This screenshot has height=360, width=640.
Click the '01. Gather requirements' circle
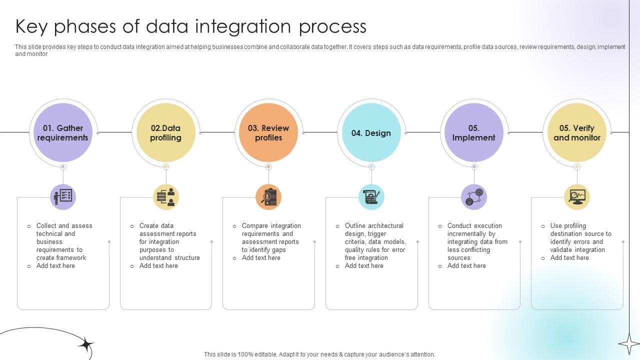(62, 133)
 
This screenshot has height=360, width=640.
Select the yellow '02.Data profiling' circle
(165, 133)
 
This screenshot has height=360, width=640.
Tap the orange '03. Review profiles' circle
(268, 133)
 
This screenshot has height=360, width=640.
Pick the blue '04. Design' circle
(371, 133)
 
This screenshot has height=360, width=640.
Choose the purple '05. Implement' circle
(474, 133)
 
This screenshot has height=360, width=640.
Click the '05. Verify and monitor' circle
(576, 133)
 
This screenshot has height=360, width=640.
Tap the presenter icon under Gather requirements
(63, 197)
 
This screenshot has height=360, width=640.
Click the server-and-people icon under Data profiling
(166, 197)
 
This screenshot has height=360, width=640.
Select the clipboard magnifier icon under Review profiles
(268, 197)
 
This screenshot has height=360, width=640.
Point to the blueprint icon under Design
(371, 197)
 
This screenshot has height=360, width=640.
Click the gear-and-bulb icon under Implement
(474, 197)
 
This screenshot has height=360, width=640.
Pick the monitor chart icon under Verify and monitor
(577, 197)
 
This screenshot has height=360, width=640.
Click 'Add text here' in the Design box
(364, 266)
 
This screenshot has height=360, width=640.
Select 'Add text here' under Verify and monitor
(569, 258)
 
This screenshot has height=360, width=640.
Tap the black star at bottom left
(86, 344)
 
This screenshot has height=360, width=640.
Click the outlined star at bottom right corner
(628, 343)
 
